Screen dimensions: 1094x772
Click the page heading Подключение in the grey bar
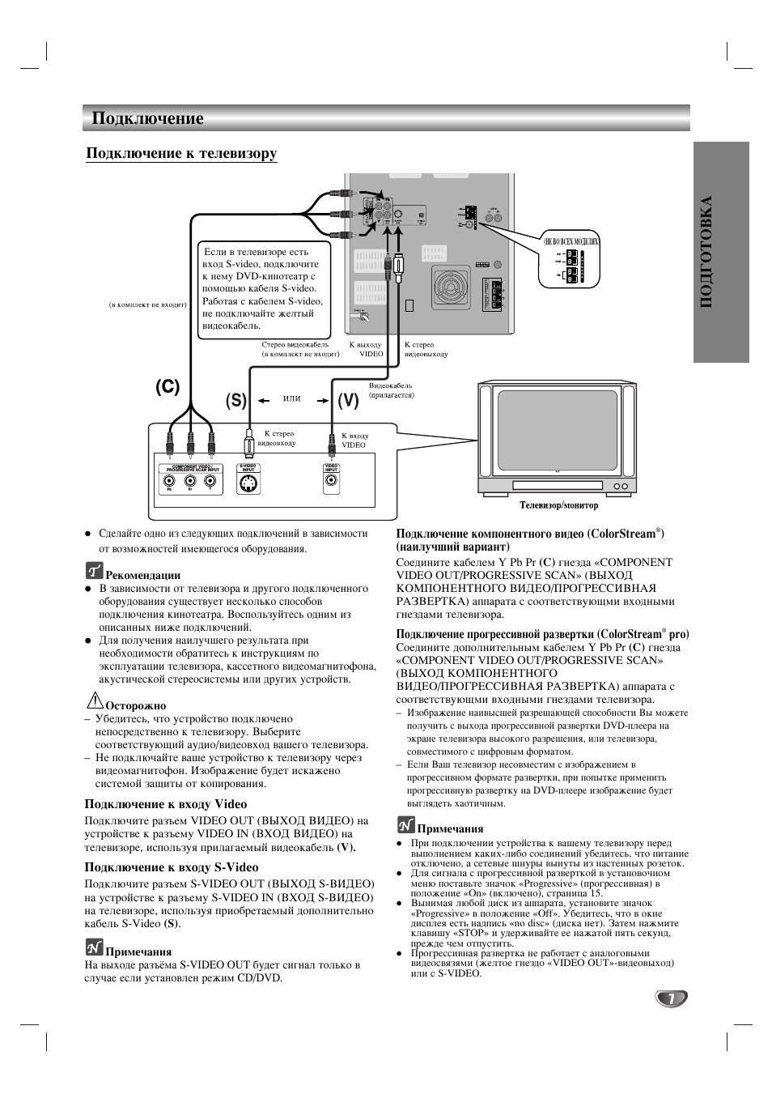pos(147,119)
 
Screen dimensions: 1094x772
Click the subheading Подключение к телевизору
pos(181,153)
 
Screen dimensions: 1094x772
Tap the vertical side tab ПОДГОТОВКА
pos(719,252)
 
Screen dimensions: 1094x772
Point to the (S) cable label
pos(236,400)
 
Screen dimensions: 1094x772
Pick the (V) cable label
pos(348,400)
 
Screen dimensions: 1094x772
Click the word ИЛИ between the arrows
pos(292,399)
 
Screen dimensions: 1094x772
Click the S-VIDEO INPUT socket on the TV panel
pos(248,484)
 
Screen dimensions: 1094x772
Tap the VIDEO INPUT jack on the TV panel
pos(331,481)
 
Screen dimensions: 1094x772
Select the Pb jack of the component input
pos(169,480)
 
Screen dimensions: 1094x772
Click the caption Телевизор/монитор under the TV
pos(558,506)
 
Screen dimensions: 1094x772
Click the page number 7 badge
pos(671,998)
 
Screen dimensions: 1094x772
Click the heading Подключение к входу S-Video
pos(172,867)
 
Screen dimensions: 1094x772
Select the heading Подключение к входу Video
pos(166,804)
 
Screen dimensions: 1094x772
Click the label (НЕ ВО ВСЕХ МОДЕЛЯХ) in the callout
pos(571,242)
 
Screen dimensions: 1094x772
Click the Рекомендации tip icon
pos(94,571)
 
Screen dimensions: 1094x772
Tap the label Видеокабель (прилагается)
pos(392,390)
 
